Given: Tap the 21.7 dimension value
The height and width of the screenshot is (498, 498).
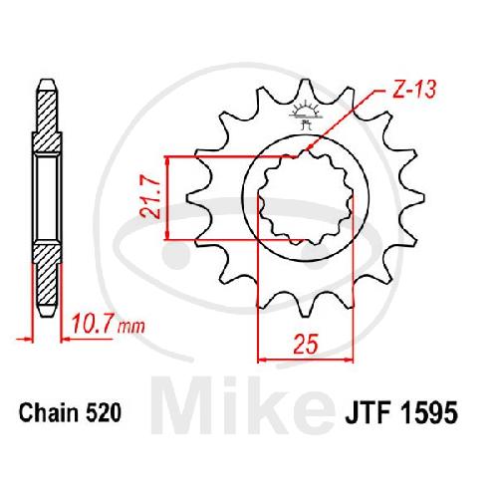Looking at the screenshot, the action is (x=150, y=197).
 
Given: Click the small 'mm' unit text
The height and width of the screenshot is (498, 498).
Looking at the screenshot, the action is (x=131, y=327).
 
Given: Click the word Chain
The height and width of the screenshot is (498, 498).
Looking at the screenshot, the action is (x=49, y=412).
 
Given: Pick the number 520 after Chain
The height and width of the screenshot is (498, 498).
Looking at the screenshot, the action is (x=103, y=412).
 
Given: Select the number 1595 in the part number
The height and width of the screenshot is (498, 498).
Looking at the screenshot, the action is (x=429, y=412).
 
